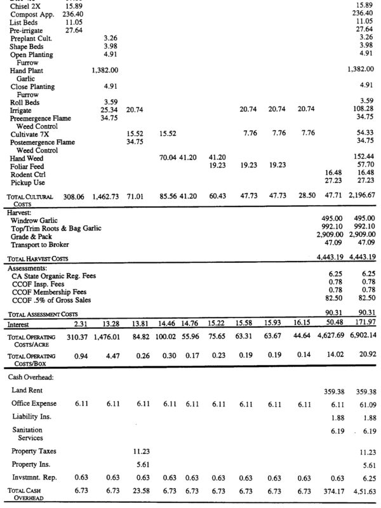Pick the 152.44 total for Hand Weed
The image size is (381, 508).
click(364, 156)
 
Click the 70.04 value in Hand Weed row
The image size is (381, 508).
click(167, 156)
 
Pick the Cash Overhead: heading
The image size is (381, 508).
click(32, 377)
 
